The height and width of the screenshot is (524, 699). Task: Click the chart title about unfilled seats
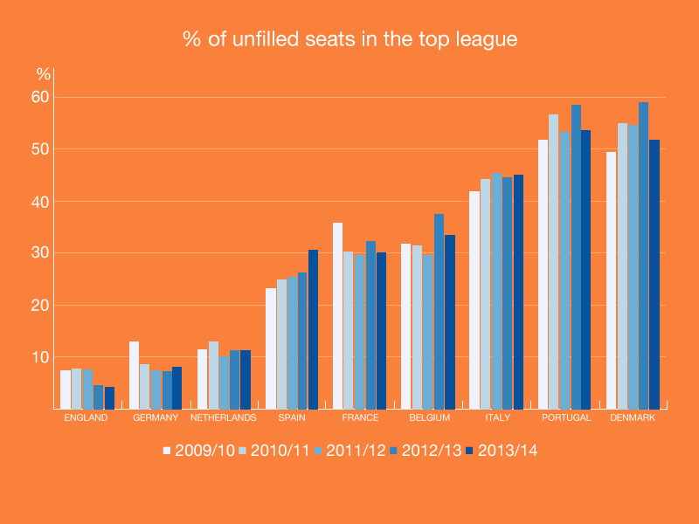point(349,39)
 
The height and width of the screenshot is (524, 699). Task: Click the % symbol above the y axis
point(43,74)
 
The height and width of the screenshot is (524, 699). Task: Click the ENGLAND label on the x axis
point(87,417)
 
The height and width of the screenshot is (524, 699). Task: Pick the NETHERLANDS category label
point(224,417)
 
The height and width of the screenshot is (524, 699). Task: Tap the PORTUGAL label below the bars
point(565,417)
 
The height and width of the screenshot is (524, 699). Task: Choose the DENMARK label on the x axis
point(633,417)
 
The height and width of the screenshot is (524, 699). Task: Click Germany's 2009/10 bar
point(134,376)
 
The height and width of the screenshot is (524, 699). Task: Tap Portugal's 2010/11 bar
point(554,261)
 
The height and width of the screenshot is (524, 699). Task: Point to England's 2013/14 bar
point(109,397)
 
